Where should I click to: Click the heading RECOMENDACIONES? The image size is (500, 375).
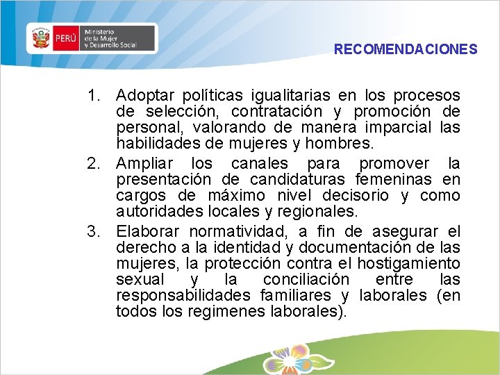pos(406,50)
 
